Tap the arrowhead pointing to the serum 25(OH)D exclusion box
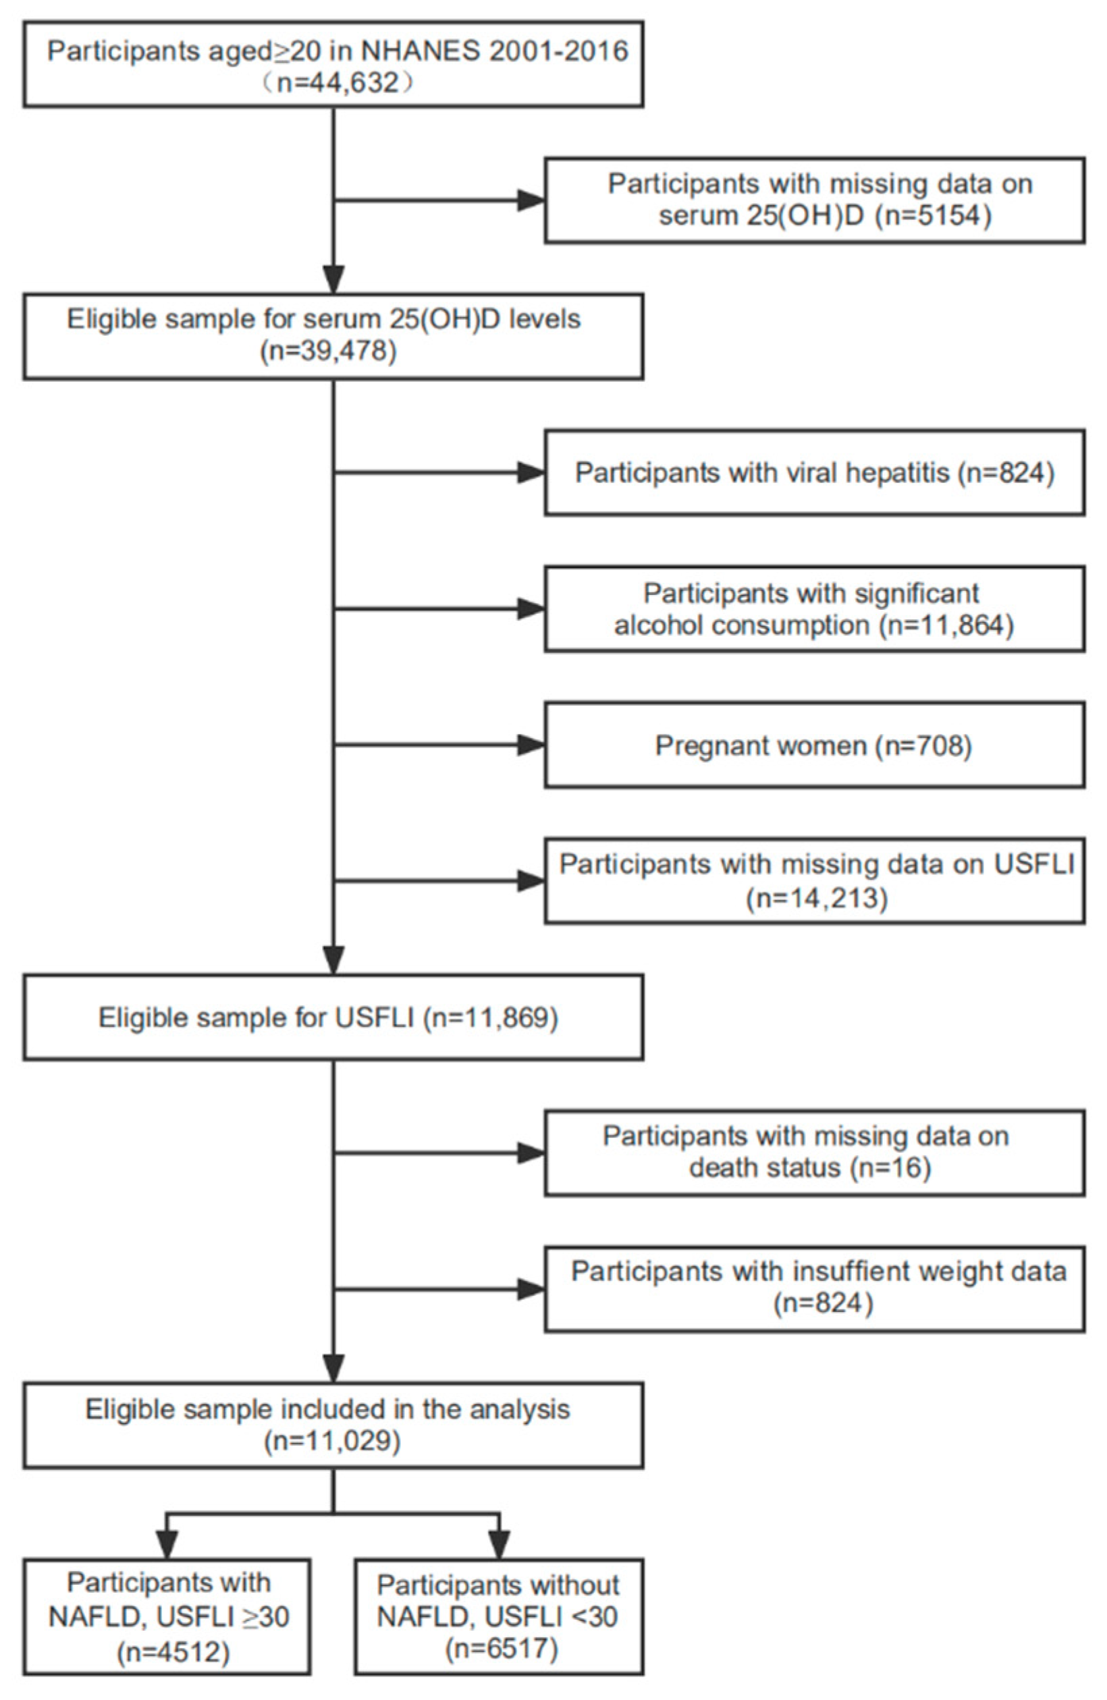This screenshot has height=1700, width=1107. (x=531, y=201)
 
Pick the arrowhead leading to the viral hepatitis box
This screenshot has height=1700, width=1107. (x=531, y=473)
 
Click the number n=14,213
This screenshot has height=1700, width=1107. (x=817, y=898)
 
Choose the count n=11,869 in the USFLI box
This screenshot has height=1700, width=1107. (x=490, y=1017)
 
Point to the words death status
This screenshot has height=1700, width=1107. (x=764, y=1168)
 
